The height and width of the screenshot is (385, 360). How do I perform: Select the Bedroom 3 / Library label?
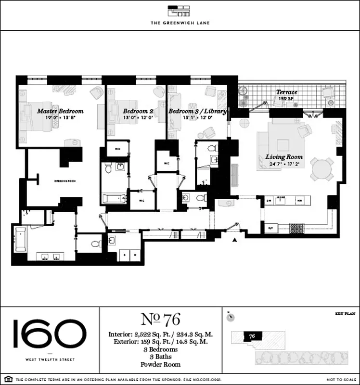[x=197, y=111]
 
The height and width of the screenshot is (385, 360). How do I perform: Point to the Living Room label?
[x=284, y=157]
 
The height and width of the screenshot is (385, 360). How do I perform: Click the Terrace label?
[x=286, y=92]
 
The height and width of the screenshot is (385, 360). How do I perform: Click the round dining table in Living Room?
[x=321, y=169]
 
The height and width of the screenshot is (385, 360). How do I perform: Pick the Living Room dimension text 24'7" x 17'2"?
[x=284, y=164]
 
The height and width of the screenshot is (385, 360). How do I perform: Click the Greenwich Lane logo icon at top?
[x=180, y=12]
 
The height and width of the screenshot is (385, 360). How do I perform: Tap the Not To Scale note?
[x=340, y=380]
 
